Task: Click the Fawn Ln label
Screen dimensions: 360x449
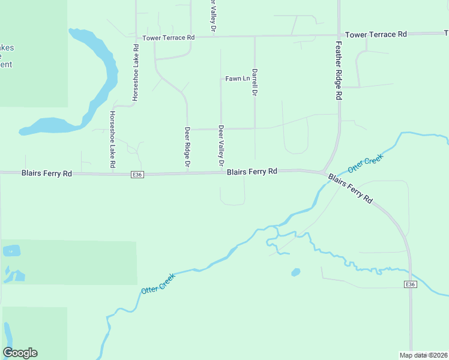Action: click(237, 79)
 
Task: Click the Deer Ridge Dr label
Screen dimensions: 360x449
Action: click(187, 147)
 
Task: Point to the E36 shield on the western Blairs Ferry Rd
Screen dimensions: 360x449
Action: click(137, 175)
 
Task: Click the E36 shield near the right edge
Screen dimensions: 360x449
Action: click(410, 284)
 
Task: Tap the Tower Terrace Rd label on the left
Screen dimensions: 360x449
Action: click(169, 37)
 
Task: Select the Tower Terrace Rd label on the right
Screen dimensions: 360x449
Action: click(376, 34)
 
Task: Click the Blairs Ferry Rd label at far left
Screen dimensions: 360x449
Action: click(47, 173)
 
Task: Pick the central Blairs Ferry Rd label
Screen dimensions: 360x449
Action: click(252, 172)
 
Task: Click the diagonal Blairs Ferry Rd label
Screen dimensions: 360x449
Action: click(351, 189)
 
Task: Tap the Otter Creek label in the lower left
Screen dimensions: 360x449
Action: click(158, 283)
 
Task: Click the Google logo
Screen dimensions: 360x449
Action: click(20, 353)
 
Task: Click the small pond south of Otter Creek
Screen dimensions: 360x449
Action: click(295, 272)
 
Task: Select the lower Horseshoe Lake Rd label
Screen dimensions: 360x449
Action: click(112, 139)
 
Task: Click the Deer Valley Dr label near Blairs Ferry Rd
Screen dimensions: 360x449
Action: click(221, 146)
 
